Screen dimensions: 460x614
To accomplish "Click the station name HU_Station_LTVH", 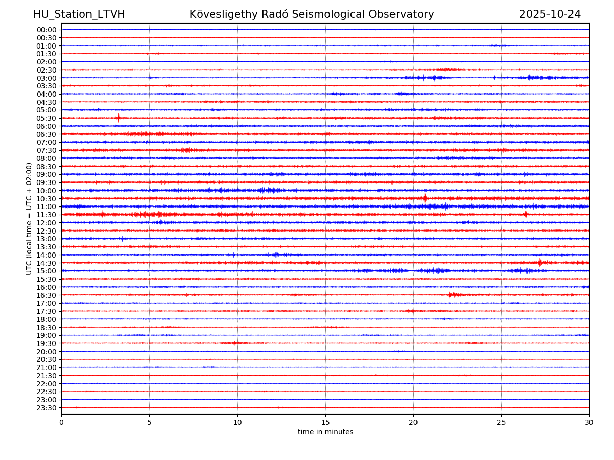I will click(x=79, y=14).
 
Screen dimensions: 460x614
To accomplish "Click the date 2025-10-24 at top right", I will click(x=550, y=14).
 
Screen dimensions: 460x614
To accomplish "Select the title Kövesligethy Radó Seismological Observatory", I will click(x=312, y=14).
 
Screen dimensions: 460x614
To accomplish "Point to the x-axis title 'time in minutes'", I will click(x=325, y=432).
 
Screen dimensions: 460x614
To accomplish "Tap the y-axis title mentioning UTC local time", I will click(x=29, y=219).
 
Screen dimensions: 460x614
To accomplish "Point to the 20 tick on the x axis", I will click(x=413, y=422).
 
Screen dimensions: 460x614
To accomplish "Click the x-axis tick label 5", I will click(x=149, y=422).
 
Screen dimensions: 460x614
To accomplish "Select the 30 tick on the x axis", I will click(x=589, y=422).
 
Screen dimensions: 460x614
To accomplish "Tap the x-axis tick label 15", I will click(x=325, y=422).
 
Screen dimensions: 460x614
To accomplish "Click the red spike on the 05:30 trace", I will click(x=118, y=118).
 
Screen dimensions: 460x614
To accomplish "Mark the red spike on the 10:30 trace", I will click(x=425, y=198).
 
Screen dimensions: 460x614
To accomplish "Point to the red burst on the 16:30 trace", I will click(x=451, y=295).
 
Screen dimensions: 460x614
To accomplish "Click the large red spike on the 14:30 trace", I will click(x=540, y=263).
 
